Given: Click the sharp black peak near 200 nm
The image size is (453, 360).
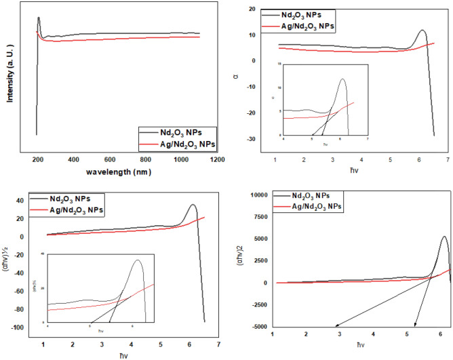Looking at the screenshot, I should (x=39, y=18).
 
